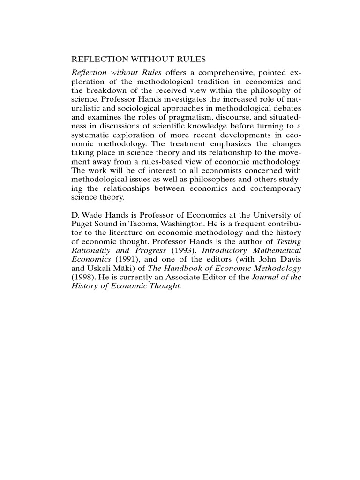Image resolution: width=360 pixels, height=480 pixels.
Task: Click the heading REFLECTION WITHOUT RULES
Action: pos(139,60)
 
